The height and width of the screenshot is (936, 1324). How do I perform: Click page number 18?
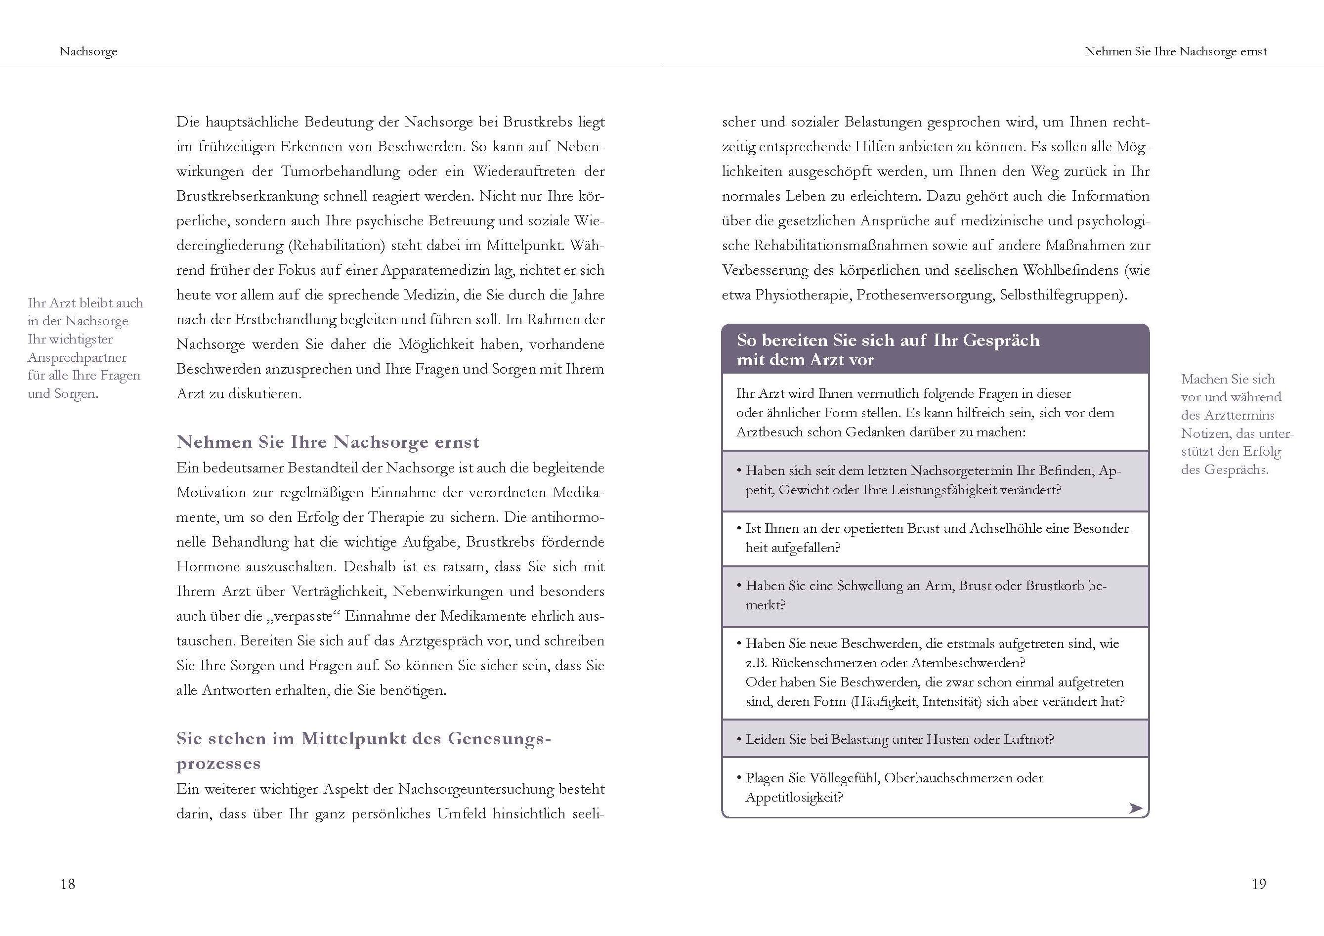[68, 884]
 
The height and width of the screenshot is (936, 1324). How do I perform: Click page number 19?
[1258, 884]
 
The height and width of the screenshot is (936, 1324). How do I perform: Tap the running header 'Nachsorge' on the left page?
[88, 51]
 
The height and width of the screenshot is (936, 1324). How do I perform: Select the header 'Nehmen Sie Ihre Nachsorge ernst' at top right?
[1176, 51]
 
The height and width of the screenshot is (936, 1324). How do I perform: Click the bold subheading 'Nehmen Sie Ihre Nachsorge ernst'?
[328, 442]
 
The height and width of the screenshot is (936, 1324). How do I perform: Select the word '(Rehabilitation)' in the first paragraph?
[337, 246]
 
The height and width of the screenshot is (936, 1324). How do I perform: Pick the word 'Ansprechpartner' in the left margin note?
[77, 358]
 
